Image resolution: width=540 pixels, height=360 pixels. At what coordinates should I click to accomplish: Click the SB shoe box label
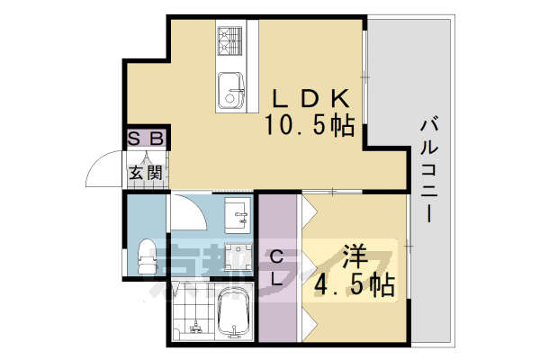coord(146,139)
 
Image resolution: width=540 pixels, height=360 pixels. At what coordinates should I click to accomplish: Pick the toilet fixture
coord(147,256)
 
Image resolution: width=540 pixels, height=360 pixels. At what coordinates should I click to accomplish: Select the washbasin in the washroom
coord(238,212)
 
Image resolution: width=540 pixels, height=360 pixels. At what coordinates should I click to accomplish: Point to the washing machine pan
coord(239,256)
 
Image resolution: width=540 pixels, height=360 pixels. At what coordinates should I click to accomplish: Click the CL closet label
coord(279,268)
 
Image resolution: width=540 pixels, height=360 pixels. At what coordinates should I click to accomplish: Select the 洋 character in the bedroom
coord(354,256)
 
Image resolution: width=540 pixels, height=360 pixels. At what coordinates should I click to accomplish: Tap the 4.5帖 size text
coord(354,285)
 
